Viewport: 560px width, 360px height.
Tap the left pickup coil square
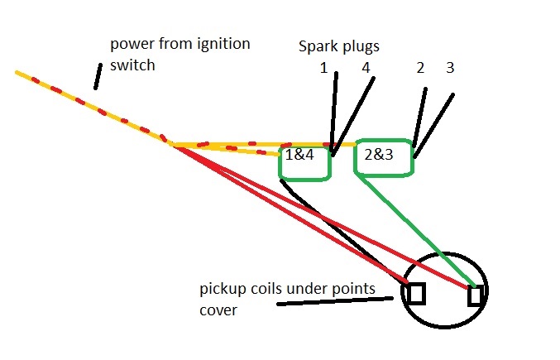point(416,294)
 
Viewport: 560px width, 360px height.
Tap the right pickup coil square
point(475,295)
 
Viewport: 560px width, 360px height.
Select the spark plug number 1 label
point(324,68)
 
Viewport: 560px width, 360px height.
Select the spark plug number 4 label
point(365,68)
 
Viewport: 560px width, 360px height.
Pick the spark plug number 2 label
point(420,68)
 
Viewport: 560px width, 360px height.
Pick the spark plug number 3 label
point(450,68)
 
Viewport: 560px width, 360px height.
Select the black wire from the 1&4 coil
point(339,231)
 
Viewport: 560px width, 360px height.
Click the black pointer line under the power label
point(98,75)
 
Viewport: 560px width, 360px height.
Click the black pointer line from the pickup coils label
point(331,301)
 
